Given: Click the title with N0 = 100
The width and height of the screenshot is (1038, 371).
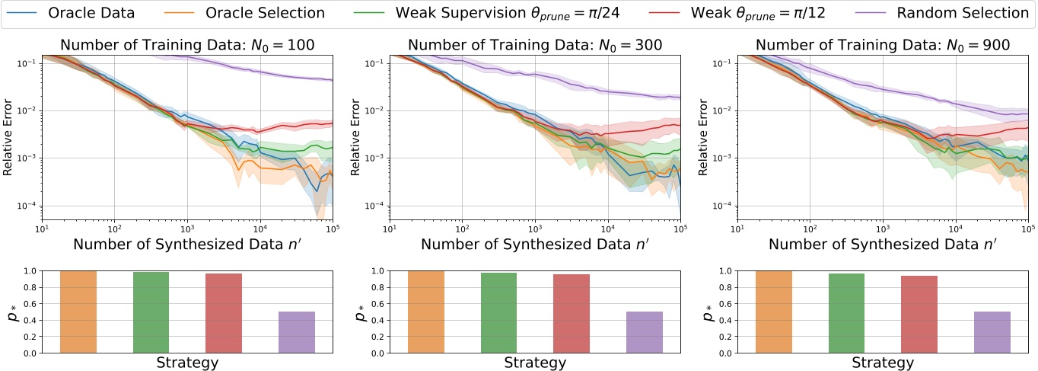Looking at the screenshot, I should (x=187, y=45).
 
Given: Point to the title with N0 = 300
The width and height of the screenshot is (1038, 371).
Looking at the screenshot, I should (x=535, y=45).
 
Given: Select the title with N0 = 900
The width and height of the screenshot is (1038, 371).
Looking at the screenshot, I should (x=883, y=45).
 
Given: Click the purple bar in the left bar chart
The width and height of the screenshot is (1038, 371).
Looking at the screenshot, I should (x=297, y=332).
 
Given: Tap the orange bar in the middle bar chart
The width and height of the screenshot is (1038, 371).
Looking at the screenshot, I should (x=426, y=312).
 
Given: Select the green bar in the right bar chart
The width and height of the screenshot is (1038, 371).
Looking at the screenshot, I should (x=846, y=313).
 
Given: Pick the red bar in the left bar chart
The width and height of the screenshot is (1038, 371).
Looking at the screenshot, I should (x=224, y=313).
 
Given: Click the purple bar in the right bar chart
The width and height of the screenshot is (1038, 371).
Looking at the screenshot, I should (x=992, y=332).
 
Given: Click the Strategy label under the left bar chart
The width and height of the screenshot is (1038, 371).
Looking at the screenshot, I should (x=187, y=363).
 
